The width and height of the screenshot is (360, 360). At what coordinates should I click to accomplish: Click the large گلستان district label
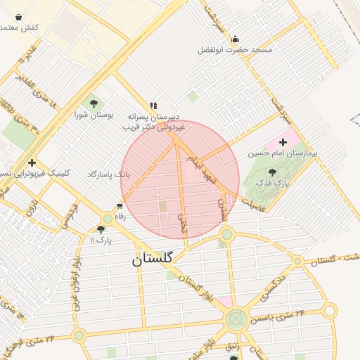click(152, 259)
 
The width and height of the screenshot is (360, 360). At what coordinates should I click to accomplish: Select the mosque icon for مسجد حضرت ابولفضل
click(234, 39)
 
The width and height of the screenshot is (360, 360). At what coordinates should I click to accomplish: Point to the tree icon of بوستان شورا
click(94, 105)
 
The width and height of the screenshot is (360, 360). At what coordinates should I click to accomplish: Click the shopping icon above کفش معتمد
click(18, 17)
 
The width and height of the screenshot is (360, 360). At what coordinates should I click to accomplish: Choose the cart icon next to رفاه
click(120, 206)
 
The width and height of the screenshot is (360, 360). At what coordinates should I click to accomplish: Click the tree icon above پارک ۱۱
click(101, 229)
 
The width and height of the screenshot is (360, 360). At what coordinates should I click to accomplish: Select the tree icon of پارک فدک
click(272, 172)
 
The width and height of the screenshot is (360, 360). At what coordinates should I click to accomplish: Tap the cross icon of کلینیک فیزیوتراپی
click(32, 162)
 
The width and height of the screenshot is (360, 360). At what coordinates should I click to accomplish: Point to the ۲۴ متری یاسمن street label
click(282, 314)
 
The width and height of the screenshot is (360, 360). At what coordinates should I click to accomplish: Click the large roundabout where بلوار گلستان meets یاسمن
click(236, 320)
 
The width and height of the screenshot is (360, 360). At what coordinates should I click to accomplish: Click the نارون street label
click(30, 208)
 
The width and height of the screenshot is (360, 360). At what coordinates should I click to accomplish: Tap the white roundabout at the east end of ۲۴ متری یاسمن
click(329, 310)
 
